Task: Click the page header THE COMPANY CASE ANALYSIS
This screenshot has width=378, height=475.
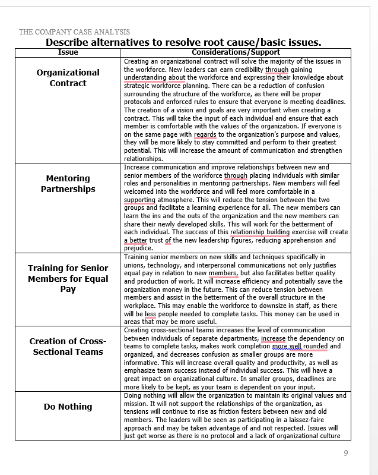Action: coord(74,32)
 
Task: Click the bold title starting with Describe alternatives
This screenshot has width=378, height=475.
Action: coord(183,42)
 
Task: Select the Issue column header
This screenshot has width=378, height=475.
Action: coord(68,52)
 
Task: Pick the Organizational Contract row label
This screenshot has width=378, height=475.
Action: coord(68,78)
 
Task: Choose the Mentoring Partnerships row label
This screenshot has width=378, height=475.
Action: coord(68,184)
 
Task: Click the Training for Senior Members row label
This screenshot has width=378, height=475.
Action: coord(68,278)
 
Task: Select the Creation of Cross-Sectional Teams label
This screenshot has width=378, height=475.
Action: coord(68,347)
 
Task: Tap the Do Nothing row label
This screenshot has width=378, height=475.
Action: coord(68,407)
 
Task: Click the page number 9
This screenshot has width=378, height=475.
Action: coord(346,453)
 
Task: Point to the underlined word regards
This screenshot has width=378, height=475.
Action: coord(205,134)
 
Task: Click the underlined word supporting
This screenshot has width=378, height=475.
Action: coord(139,200)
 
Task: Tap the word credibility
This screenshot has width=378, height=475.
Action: coord(243,70)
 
